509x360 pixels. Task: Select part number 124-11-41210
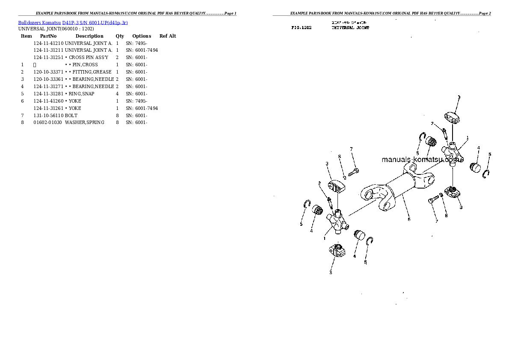pyautogui.click(x=48, y=43)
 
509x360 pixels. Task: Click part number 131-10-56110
pyautogui.click(x=48, y=115)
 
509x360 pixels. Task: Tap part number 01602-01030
pyautogui.click(x=47, y=123)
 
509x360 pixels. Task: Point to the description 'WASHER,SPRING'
pyautogui.click(x=85, y=123)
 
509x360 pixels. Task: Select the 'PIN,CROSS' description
pyautogui.click(x=85, y=65)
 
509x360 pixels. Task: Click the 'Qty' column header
pyautogui.click(x=120, y=36)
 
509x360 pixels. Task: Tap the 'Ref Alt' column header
pyautogui.click(x=168, y=36)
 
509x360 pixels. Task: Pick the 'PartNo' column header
pyautogui.click(x=48, y=36)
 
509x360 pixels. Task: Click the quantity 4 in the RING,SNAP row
pyautogui.click(x=117, y=94)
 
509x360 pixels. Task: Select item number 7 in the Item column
pyautogui.click(x=22, y=115)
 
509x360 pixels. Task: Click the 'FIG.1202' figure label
pyautogui.click(x=302, y=27)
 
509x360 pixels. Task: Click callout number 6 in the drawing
pyautogui.click(x=409, y=219)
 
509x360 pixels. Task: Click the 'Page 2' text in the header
pyautogui.click(x=485, y=13)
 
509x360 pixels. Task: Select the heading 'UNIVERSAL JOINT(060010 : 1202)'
pyautogui.click(x=56, y=29)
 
